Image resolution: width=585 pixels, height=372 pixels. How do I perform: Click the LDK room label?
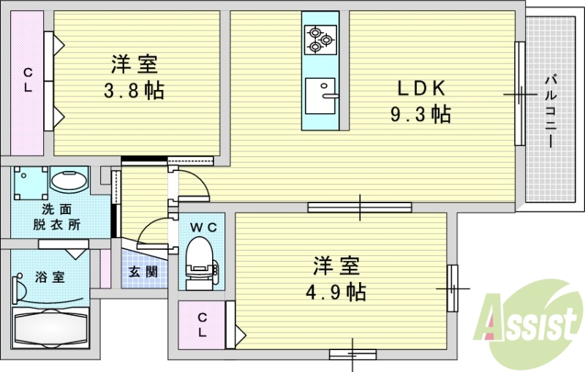(421, 88)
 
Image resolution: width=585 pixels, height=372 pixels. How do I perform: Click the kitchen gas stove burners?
(320, 39)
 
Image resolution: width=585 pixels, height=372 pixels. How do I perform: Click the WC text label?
(203, 228)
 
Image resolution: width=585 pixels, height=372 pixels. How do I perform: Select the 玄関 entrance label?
(143, 272)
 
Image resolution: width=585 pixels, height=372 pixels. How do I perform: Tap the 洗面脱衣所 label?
(56, 217)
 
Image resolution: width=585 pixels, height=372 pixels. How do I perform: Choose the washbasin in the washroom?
(69, 181)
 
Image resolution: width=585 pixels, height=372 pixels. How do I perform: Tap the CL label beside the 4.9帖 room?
(201, 324)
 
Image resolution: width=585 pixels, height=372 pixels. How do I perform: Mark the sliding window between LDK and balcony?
(519, 94)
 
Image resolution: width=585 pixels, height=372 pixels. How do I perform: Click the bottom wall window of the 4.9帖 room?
(352, 354)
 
